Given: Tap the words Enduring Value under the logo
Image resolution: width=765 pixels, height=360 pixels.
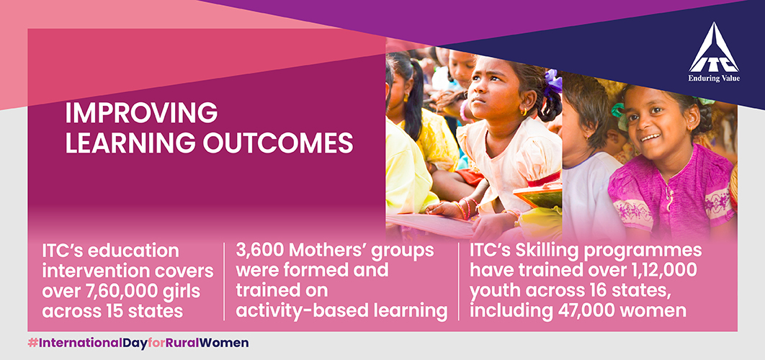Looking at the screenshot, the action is pos(714,78).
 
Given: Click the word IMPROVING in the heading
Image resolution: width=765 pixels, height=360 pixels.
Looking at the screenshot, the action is pos(141,113).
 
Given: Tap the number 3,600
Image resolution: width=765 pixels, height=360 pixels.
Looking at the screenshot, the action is pos(257,251).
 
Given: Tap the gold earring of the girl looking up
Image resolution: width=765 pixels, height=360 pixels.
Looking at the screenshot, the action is pos(524,111).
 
